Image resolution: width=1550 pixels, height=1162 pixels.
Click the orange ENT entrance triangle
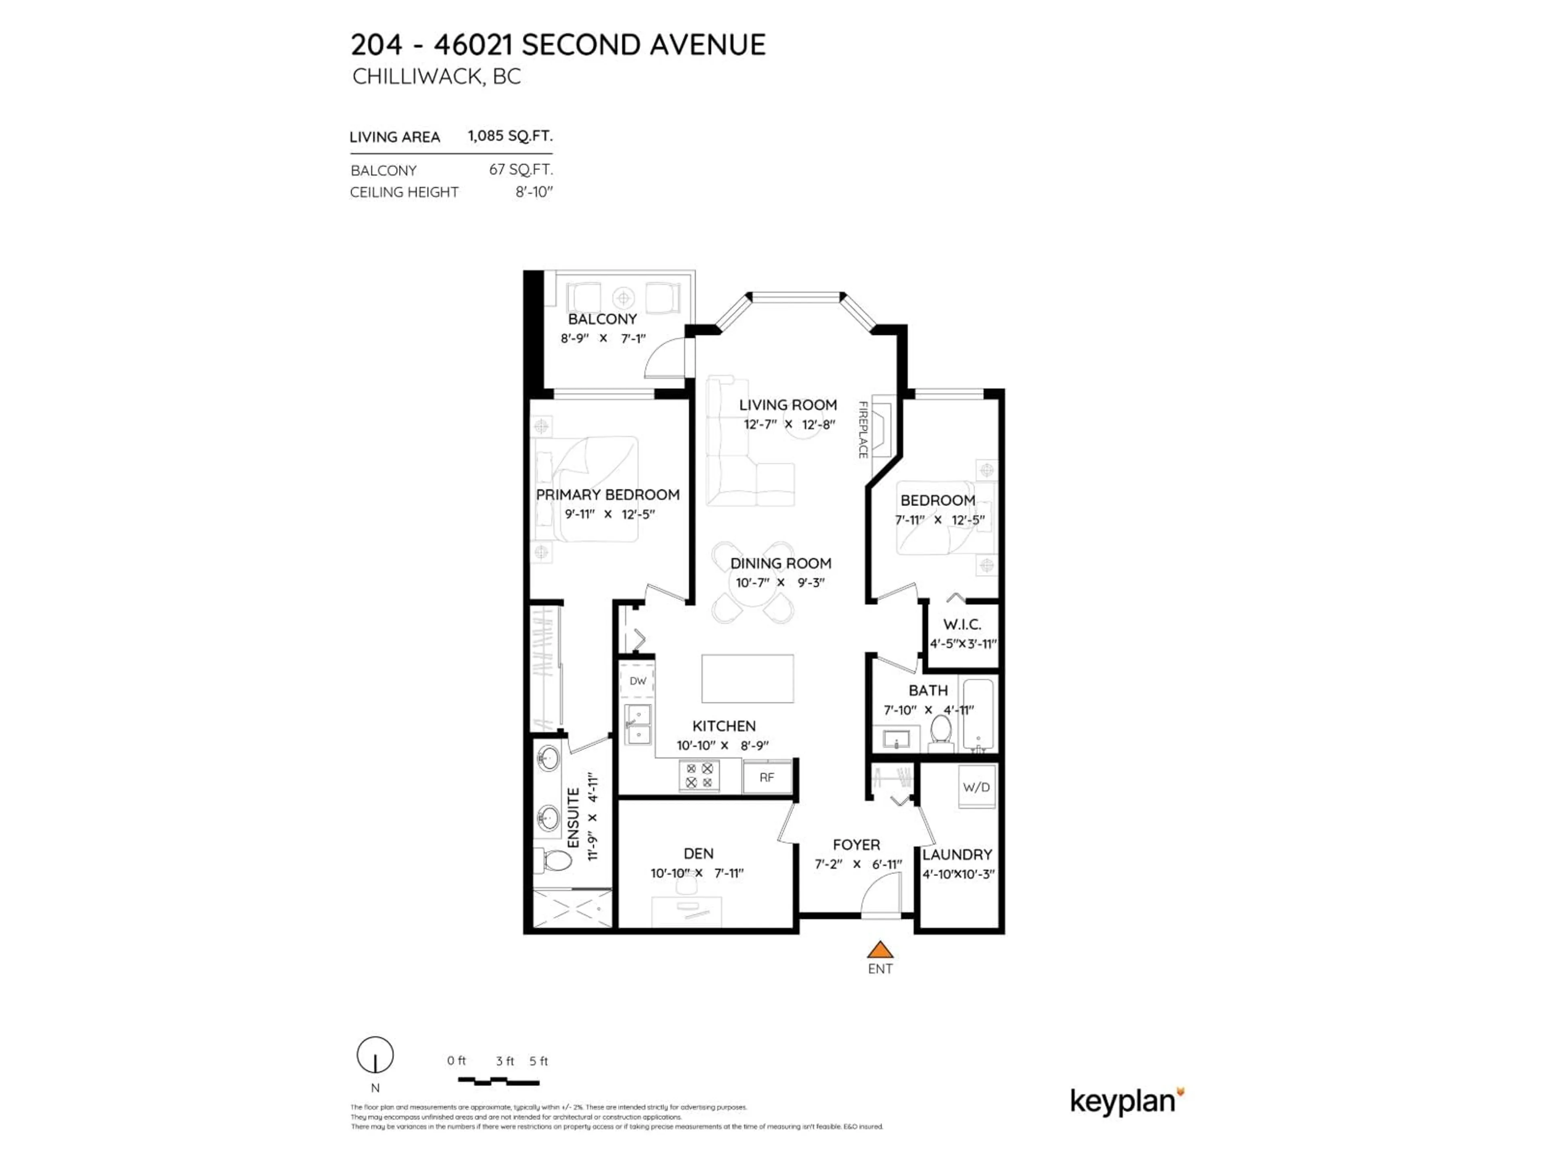(x=880, y=951)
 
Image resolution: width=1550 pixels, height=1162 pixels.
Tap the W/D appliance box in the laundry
(x=976, y=787)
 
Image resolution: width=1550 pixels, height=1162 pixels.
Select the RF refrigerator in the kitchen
(x=767, y=777)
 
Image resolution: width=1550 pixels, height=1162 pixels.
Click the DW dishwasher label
(x=638, y=681)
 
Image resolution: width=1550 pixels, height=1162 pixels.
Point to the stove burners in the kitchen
(x=699, y=775)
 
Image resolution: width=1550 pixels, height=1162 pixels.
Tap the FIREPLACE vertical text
(x=863, y=429)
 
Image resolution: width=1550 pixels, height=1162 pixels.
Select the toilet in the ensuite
(x=553, y=860)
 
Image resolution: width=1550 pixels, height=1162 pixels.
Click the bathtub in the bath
(x=978, y=715)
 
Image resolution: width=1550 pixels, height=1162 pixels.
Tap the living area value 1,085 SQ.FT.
(x=510, y=136)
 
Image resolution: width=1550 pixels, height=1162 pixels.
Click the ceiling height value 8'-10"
(x=534, y=192)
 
